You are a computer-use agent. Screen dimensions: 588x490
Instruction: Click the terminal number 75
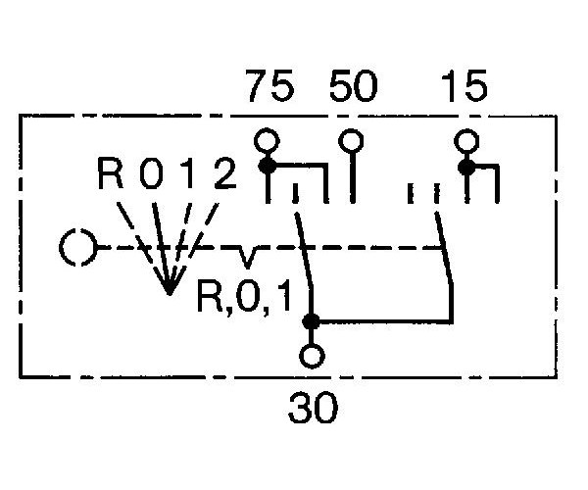click(x=270, y=86)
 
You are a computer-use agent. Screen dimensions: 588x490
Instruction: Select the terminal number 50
click(x=353, y=86)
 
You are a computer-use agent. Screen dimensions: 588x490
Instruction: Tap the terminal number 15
click(x=465, y=86)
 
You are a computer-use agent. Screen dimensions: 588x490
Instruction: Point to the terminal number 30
click(x=314, y=408)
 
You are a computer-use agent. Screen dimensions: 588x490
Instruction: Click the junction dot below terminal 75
click(x=268, y=166)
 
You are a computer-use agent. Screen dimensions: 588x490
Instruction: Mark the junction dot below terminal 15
click(x=466, y=168)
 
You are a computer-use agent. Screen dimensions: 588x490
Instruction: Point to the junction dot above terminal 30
click(x=312, y=321)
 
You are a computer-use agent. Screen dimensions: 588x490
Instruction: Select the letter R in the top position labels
click(x=110, y=172)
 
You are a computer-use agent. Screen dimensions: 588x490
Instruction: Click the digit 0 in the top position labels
click(x=151, y=172)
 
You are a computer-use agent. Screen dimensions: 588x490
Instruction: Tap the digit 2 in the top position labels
click(x=225, y=172)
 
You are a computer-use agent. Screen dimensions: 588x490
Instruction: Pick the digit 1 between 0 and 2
click(x=190, y=172)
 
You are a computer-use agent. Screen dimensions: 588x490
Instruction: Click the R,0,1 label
click(x=244, y=298)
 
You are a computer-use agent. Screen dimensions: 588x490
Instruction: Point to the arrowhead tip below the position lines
click(x=170, y=294)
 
